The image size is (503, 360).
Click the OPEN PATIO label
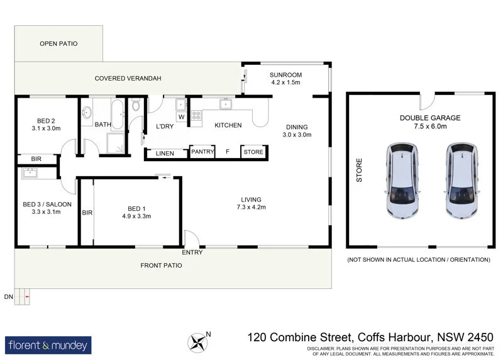(x=57, y=44)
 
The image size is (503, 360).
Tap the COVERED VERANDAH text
(x=128, y=79)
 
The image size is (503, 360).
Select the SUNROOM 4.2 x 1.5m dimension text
(x=286, y=82)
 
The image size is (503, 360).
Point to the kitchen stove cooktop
(x=196, y=115)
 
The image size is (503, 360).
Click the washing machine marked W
(x=181, y=116)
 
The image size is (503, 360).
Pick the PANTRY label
(x=203, y=152)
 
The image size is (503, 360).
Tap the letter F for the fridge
(x=228, y=152)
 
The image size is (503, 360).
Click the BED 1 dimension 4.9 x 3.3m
(x=136, y=217)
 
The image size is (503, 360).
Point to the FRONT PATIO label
(x=161, y=266)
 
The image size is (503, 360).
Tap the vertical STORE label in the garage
(x=360, y=170)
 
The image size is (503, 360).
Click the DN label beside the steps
(x=8, y=296)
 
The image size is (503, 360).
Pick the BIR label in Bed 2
(x=27, y=159)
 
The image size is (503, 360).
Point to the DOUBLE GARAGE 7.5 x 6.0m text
(x=430, y=122)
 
